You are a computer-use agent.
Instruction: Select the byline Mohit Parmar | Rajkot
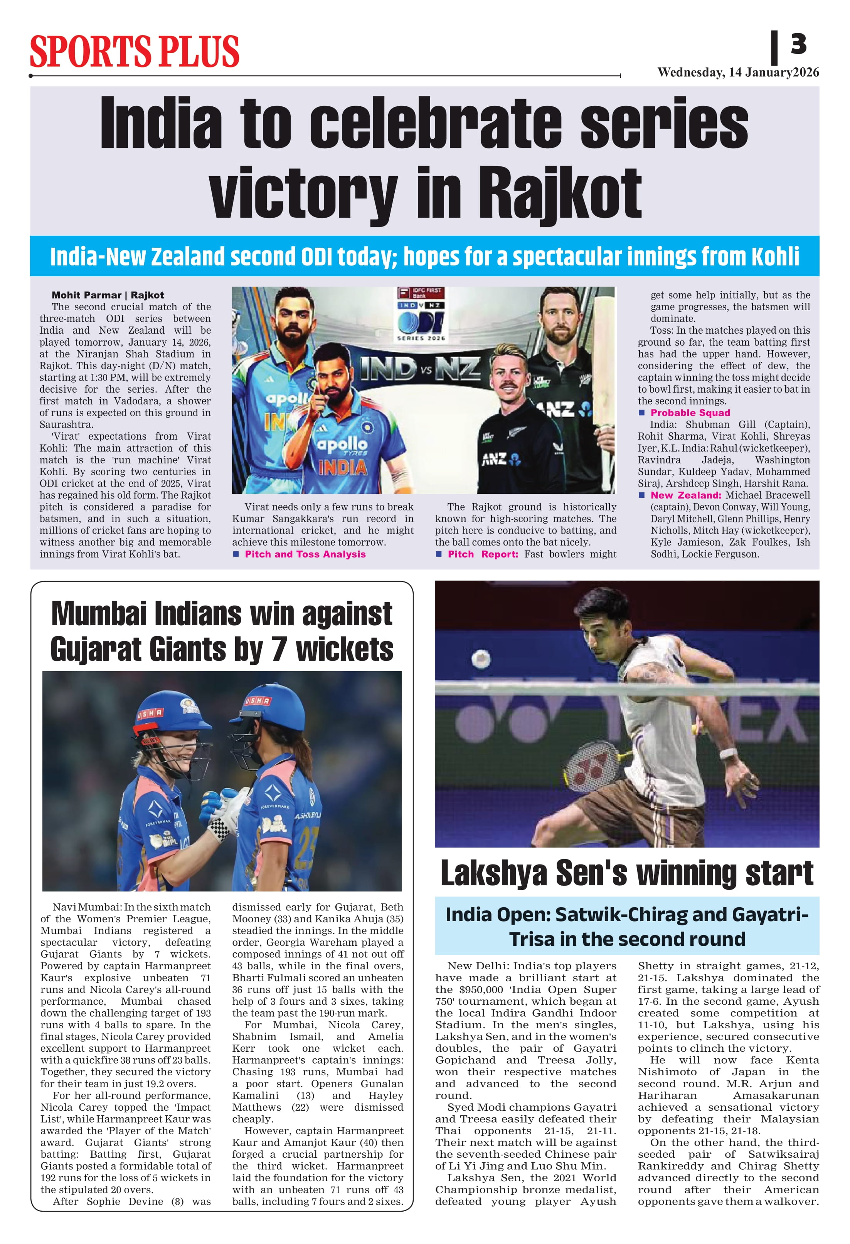(x=108, y=295)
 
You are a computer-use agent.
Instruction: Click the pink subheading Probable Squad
(x=690, y=413)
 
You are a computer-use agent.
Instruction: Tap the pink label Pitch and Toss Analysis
(x=305, y=554)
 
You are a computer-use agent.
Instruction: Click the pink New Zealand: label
(x=685, y=495)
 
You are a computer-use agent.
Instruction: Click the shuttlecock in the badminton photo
(x=480, y=658)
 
